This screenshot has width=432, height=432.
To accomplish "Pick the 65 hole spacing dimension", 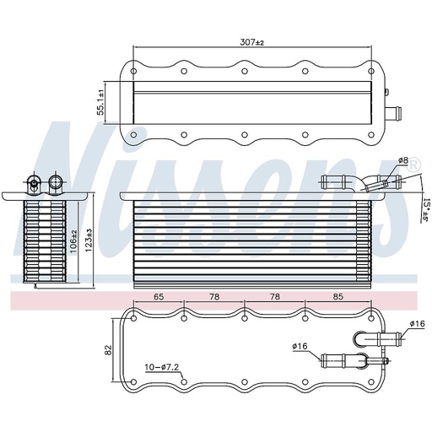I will (158, 297).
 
